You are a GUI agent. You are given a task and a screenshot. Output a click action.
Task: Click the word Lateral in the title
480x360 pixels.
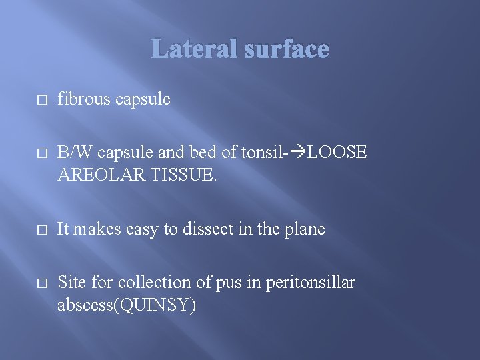(x=194, y=49)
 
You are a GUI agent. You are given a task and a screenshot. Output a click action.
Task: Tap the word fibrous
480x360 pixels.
(x=85, y=99)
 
